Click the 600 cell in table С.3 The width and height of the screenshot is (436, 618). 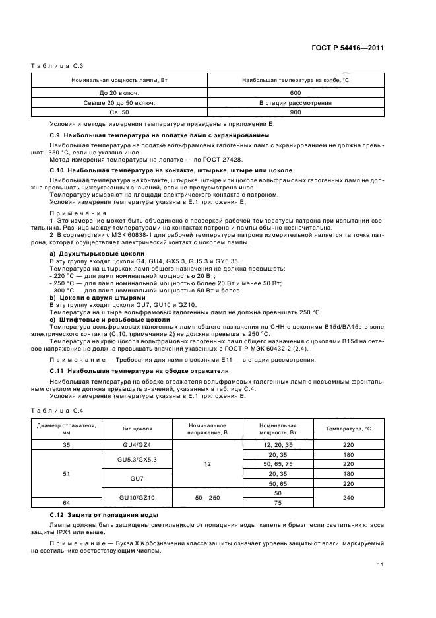point(295,93)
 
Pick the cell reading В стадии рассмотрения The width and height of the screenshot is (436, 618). point(295,103)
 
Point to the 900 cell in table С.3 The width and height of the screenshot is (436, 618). point(295,112)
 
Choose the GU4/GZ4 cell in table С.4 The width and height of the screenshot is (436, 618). point(137,446)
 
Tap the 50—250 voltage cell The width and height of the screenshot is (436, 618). point(207,498)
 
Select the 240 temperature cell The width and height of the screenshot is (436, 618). point(348,498)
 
